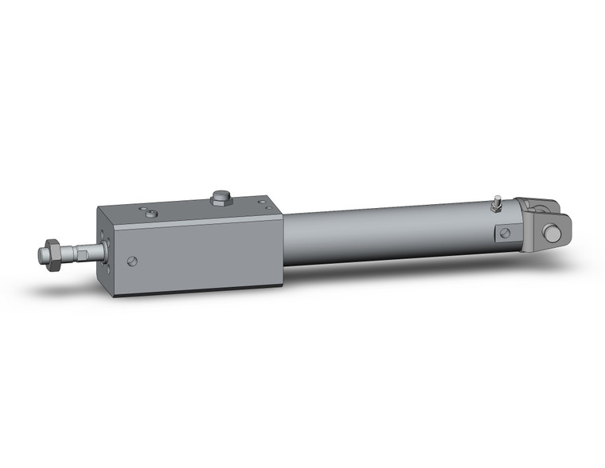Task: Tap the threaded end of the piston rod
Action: [x=41, y=255]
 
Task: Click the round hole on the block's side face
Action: [x=132, y=260]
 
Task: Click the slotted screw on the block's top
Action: [x=152, y=213]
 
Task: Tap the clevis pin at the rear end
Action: [x=550, y=233]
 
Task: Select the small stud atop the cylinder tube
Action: [x=496, y=203]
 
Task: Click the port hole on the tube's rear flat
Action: [x=503, y=233]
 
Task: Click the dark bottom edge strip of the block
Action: [x=199, y=290]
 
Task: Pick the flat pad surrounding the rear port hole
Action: [x=503, y=234]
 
